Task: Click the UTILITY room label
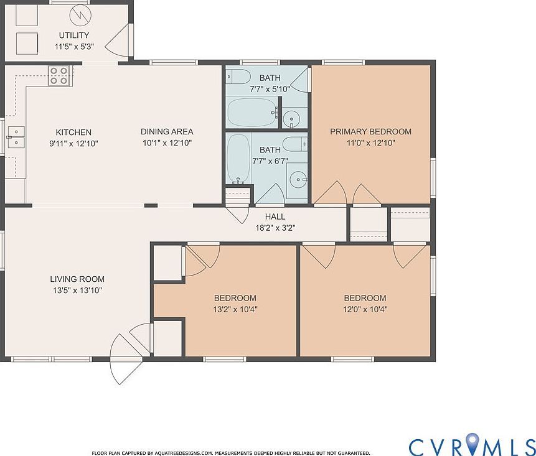point(73,35)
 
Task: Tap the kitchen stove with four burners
point(59,75)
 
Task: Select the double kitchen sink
point(15,137)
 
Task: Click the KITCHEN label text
point(73,132)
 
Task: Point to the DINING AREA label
point(166,131)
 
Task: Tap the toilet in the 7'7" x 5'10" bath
point(237,77)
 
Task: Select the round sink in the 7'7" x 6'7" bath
point(298,180)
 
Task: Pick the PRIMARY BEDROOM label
point(370,131)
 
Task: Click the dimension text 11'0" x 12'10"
point(370,142)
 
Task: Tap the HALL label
point(275,216)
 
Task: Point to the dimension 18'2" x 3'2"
point(275,228)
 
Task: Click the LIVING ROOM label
point(77,279)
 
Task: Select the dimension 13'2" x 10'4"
point(235,309)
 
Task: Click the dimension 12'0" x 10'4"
point(364,309)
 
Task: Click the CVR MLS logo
point(471,445)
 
